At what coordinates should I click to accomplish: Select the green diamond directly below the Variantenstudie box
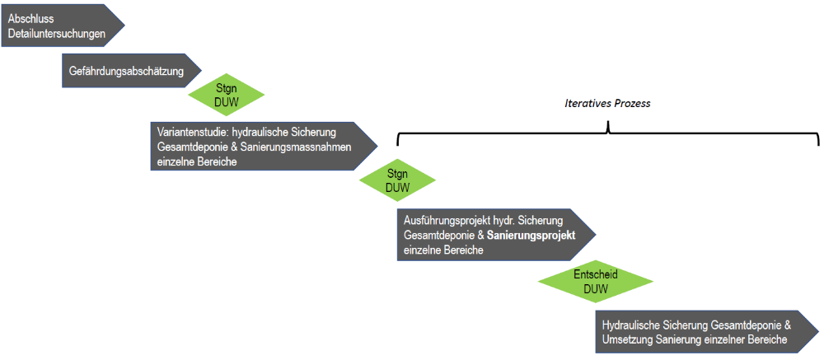(397, 180)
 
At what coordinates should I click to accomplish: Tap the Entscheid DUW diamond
(595, 281)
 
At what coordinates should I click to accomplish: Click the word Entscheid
(595, 274)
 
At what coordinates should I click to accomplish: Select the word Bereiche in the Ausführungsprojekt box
(462, 250)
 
